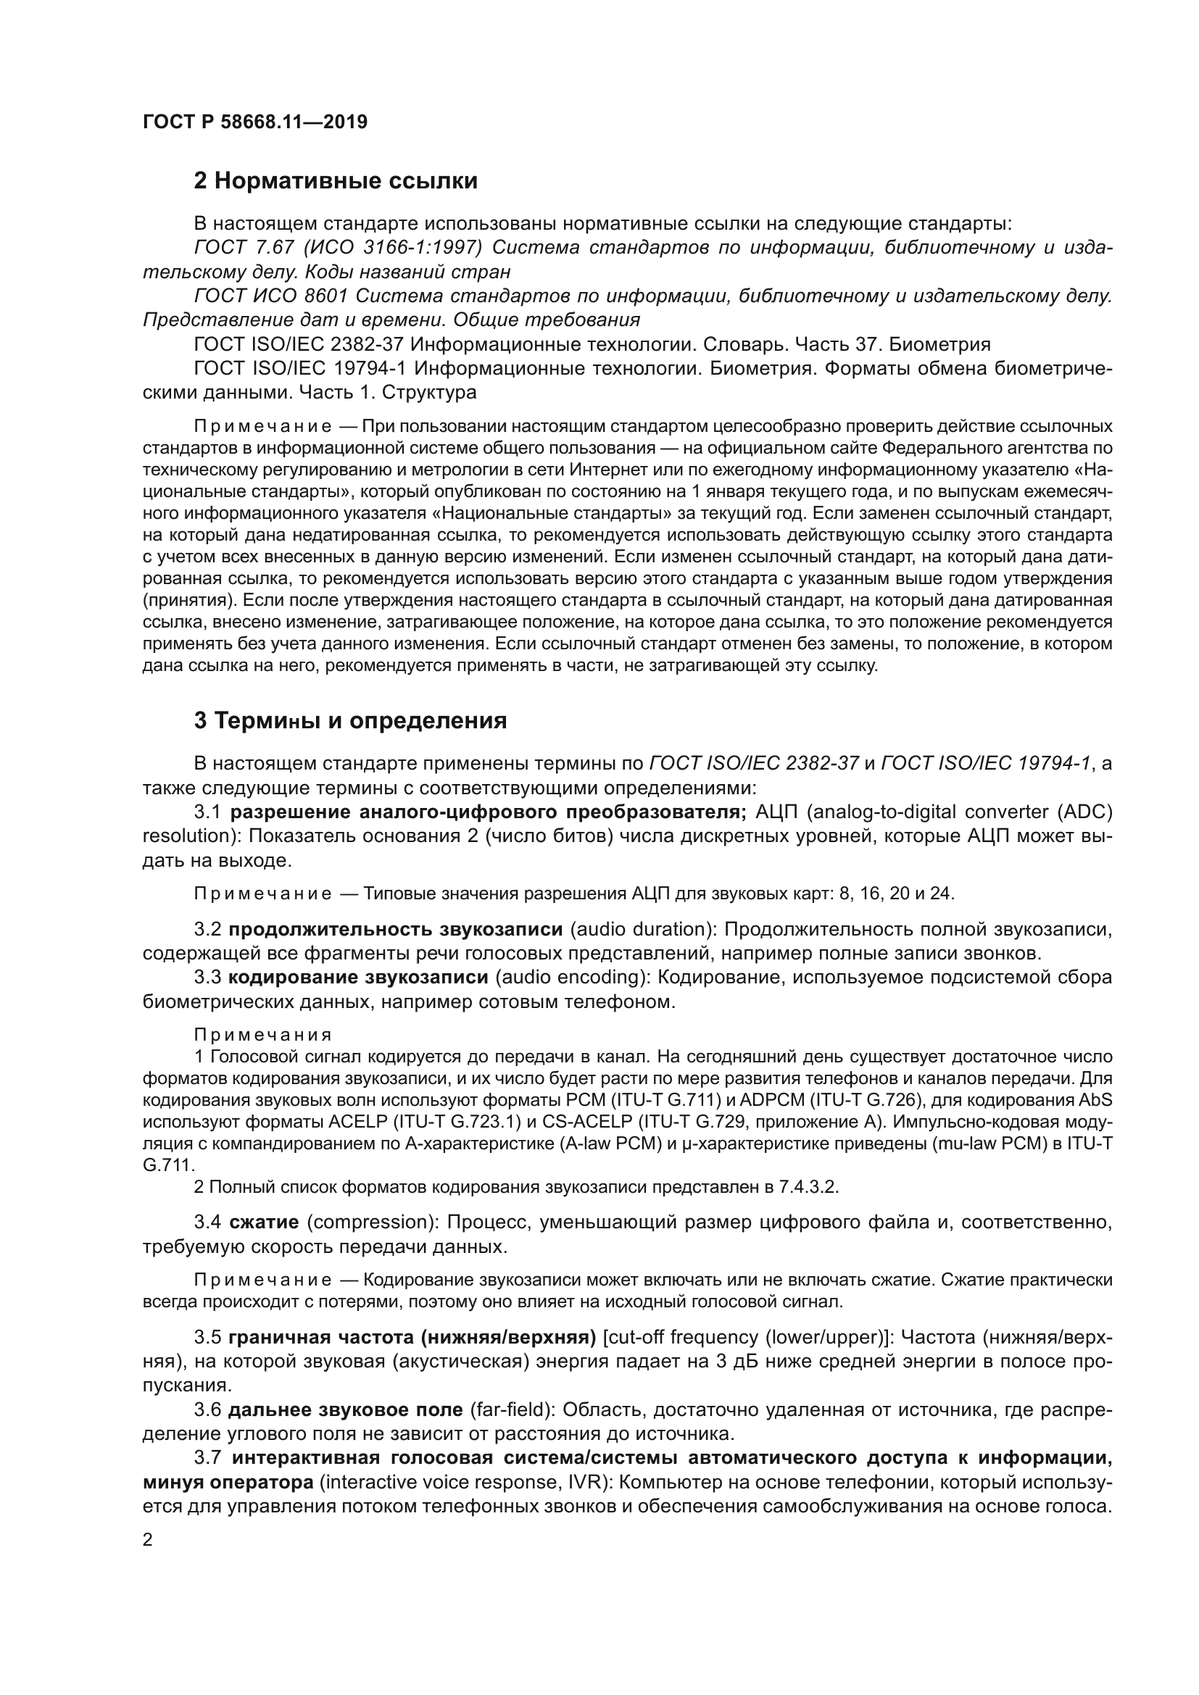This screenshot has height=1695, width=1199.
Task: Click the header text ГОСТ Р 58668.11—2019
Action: coord(254,122)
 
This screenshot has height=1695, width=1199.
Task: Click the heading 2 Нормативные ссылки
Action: coord(335,181)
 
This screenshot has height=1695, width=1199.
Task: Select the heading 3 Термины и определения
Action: coord(350,720)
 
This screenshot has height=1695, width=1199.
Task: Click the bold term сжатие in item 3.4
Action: coord(264,1223)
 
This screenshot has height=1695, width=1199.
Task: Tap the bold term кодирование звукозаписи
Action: coord(358,978)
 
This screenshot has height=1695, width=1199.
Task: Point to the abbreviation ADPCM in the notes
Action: coord(772,1100)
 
